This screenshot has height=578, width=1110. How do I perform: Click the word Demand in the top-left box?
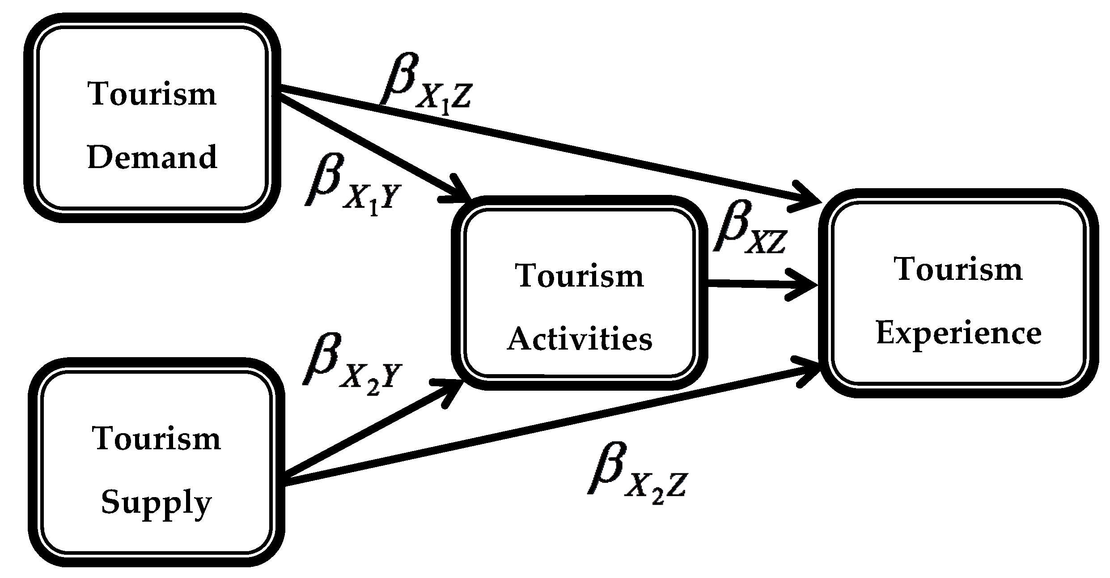point(153,157)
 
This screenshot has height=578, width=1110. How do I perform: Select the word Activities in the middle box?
point(580,339)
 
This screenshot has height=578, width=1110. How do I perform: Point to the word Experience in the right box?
point(958,334)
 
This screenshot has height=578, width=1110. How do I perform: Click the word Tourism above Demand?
point(153,94)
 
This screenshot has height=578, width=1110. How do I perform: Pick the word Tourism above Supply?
point(156,439)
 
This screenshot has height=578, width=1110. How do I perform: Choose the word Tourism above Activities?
point(580,275)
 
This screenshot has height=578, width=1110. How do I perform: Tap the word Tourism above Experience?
point(958,269)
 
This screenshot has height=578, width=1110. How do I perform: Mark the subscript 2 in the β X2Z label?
point(657,496)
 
